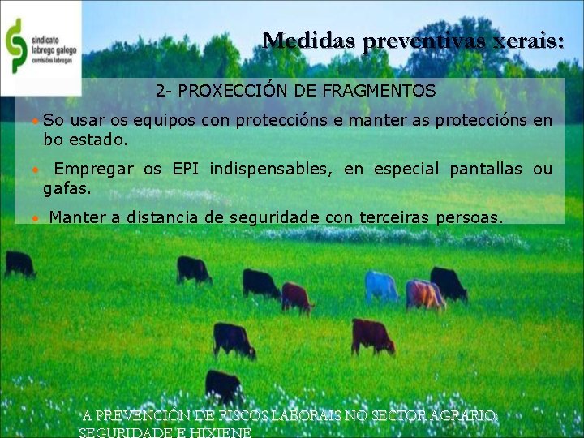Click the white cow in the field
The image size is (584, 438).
(380, 286)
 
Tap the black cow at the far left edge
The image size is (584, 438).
(19, 264)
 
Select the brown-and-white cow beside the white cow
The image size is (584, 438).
(424, 294)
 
